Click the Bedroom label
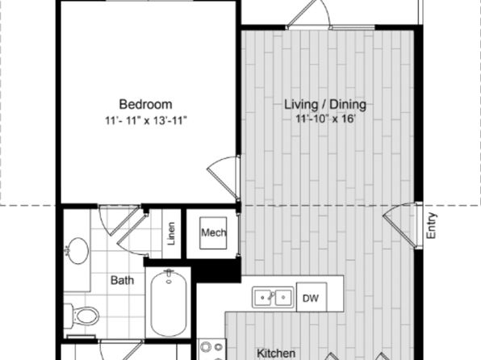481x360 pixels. click(145, 104)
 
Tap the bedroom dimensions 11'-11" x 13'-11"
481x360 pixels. click(146, 120)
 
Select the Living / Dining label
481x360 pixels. click(325, 104)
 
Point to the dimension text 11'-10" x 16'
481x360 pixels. click(325, 119)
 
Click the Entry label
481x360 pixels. click(431, 225)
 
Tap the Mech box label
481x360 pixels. click(214, 232)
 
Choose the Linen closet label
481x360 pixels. click(171, 233)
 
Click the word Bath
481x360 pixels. click(122, 280)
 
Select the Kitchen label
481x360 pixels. click(276, 353)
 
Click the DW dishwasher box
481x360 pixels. click(312, 297)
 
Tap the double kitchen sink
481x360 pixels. click(273, 297)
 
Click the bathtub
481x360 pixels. click(169, 303)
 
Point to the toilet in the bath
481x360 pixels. click(82, 316)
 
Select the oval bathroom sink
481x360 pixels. click(78, 251)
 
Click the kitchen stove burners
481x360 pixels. click(211, 350)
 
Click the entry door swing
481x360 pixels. click(400, 224)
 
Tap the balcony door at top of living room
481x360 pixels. click(308, 15)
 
